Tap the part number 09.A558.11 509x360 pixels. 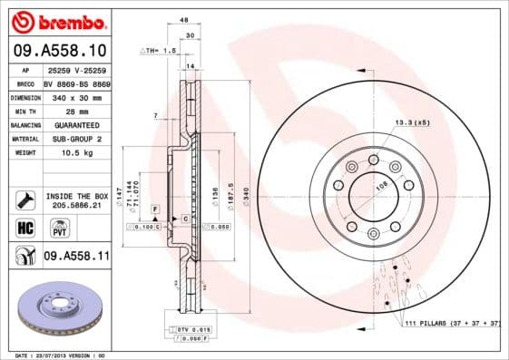[x=76, y=257]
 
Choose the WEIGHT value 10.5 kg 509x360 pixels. [x=60, y=153]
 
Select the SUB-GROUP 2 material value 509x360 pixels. [x=72, y=139]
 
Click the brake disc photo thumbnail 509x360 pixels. [x=58, y=310]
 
